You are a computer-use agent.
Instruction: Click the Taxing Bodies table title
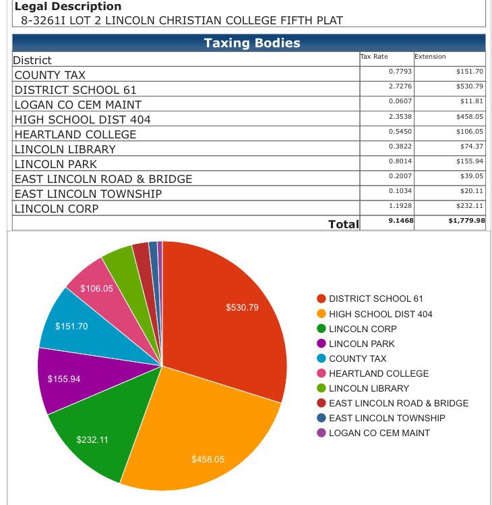252,43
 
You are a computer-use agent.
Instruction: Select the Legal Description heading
68,7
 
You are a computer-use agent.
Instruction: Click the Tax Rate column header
374,57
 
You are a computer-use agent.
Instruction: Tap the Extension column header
430,57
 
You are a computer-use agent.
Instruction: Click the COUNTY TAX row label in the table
50,75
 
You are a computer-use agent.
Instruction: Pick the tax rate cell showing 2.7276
400,86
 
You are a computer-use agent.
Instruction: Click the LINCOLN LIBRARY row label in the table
65,149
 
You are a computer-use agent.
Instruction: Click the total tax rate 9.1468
400,220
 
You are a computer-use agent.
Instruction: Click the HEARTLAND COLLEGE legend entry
378,373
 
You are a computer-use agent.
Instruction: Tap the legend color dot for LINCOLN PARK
321,344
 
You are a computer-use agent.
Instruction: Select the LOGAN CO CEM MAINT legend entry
379,433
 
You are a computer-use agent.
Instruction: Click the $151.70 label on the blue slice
71,327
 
